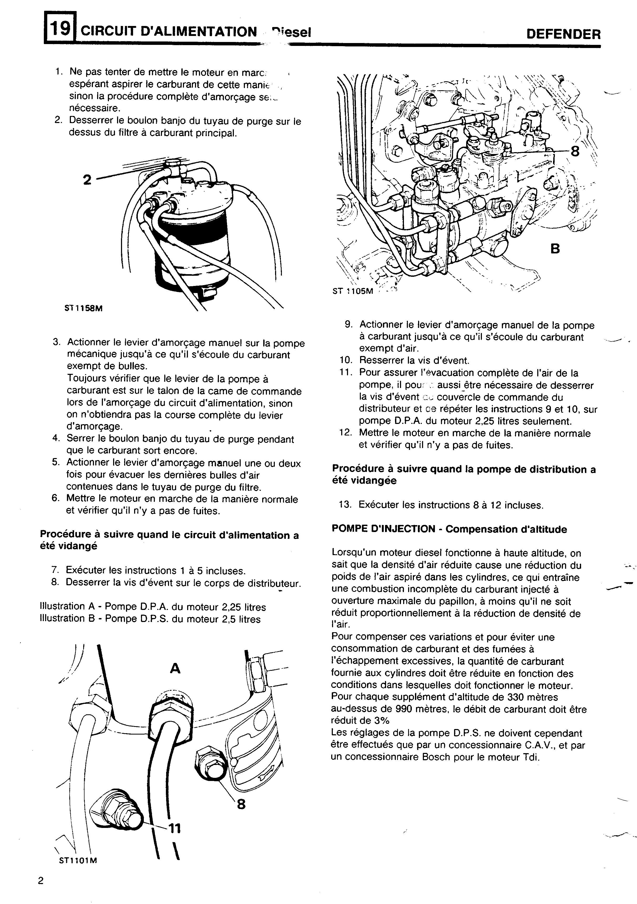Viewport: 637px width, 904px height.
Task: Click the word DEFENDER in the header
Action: click(x=563, y=34)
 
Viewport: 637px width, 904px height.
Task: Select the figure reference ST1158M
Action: click(x=83, y=308)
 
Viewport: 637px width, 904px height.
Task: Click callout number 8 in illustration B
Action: click(x=575, y=151)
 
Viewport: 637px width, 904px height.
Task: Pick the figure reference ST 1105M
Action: click(x=352, y=292)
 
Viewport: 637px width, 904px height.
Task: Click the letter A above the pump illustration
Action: click(x=175, y=668)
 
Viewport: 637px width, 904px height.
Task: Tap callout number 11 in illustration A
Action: click(x=174, y=829)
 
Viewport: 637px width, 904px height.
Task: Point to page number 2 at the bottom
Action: click(x=41, y=881)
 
